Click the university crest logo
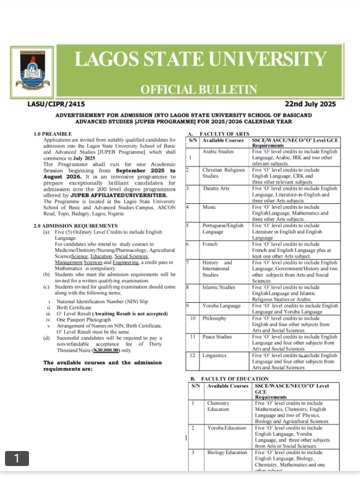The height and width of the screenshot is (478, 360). (x=34, y=70)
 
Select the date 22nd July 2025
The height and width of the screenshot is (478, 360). (x=310, y=104)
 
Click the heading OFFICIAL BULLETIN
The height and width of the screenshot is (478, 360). (x=199, y=90)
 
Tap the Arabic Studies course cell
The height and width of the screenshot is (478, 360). (x=218, y=151)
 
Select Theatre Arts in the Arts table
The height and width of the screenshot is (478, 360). (x=216, y=189)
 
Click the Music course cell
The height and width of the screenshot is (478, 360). (x=209, y=207)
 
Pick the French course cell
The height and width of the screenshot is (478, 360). (x=210, y=244)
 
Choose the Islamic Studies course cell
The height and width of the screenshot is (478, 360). (x=218, y=288)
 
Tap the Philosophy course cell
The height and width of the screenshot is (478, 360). (x=214, y=318)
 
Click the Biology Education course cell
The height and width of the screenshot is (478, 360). (x=227, y=453)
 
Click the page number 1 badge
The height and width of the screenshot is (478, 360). (x=17, y=458)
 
